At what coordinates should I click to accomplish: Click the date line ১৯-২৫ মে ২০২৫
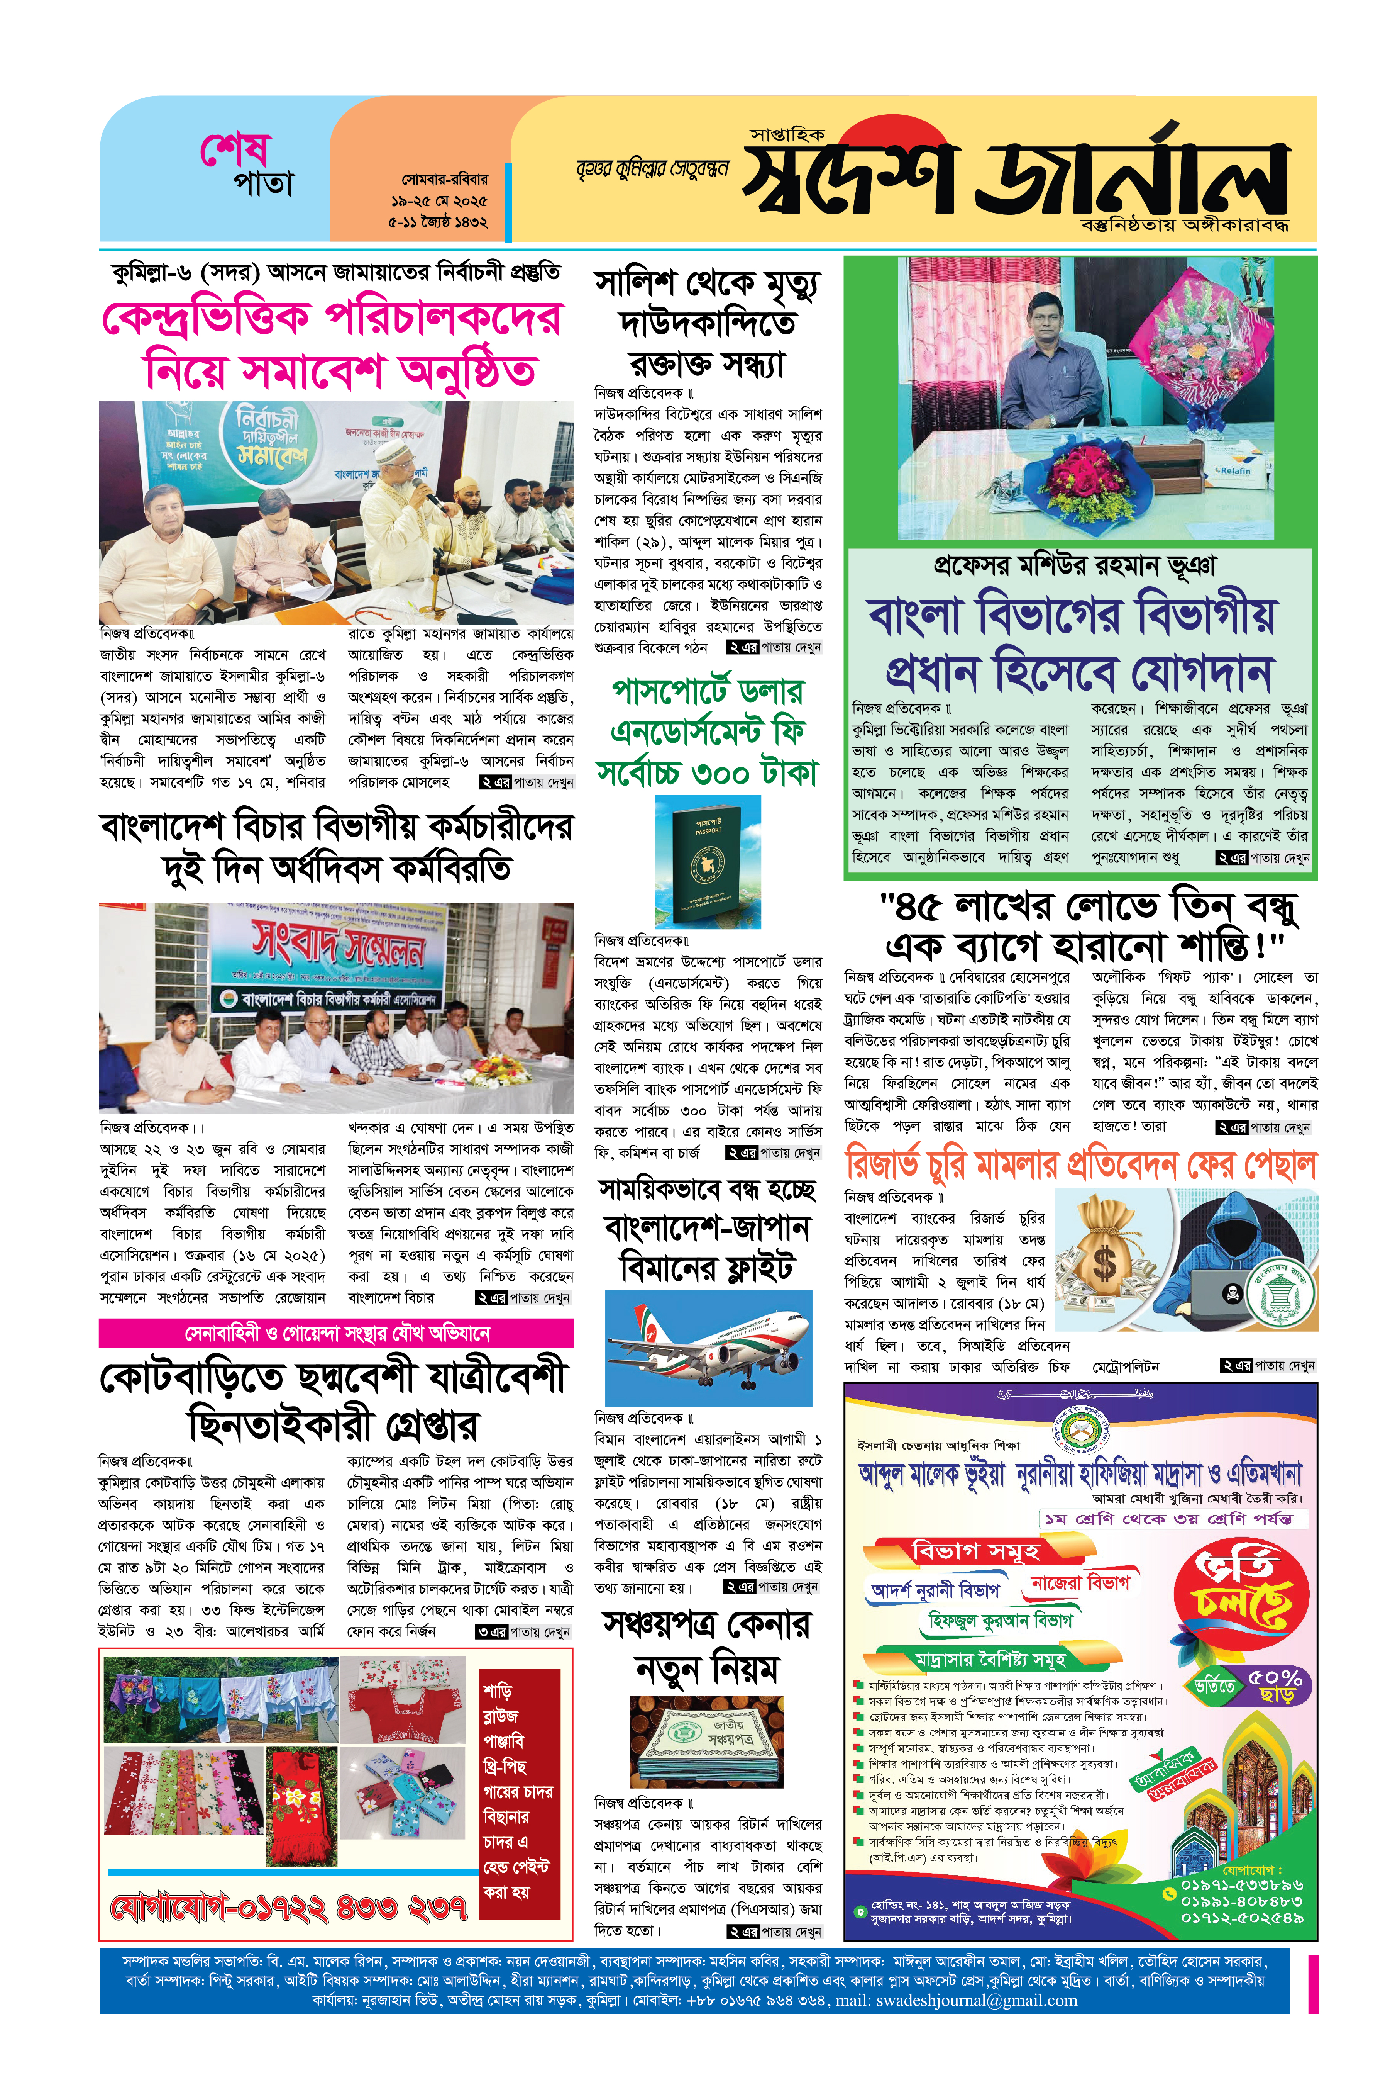pyautogui.click(x=439, y=200)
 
